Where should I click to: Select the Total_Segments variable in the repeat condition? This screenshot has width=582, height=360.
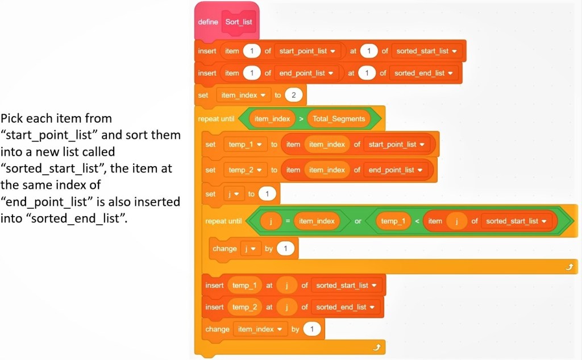point(339,119)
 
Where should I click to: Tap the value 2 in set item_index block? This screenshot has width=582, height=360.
point(293,95)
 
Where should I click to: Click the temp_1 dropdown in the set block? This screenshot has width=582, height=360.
point(245,144)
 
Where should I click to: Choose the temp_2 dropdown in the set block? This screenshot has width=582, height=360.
point(245,169)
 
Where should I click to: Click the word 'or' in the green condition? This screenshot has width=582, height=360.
point(358,221)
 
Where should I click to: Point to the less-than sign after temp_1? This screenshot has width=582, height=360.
point(417,221)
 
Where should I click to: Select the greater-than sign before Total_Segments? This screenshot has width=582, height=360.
point(301,119)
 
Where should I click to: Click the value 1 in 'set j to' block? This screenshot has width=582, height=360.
point(267,194)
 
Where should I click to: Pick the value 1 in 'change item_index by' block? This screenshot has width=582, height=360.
point(311,329)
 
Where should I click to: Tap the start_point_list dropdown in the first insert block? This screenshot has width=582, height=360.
point(307,51)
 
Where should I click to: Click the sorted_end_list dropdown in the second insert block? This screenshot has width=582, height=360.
point(424,73)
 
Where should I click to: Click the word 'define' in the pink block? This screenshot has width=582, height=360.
point(207,22)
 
